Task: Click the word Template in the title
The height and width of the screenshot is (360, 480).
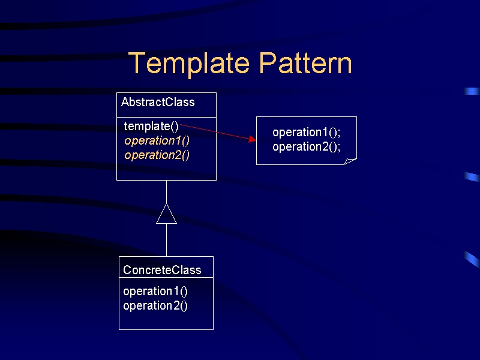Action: [189, 64]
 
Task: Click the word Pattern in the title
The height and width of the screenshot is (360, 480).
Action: [305, 63]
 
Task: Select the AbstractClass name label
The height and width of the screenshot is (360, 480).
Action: [158, 102]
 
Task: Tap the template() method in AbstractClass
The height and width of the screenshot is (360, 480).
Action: [151, 126]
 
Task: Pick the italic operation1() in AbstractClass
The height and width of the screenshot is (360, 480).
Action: [157, 141]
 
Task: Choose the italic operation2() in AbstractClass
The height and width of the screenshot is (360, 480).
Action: [157, 155]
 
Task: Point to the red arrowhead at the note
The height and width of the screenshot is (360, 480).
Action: [253, 139]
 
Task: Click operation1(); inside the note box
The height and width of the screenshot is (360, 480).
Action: [307, 132]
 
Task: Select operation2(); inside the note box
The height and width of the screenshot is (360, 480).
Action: [307, 146]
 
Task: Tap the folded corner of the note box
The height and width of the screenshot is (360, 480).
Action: [350, 161]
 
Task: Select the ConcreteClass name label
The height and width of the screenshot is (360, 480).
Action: [162, 270]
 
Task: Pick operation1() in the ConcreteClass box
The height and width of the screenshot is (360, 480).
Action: [155, 291]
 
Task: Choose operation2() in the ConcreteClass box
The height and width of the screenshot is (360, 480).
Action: [155, 305]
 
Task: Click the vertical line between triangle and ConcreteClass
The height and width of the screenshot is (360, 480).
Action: [167, 240]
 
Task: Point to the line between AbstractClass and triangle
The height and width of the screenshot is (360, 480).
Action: [167, 192]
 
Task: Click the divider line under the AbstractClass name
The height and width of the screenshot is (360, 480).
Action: [167, 117]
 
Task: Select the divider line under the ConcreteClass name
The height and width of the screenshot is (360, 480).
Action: [166, 278]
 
